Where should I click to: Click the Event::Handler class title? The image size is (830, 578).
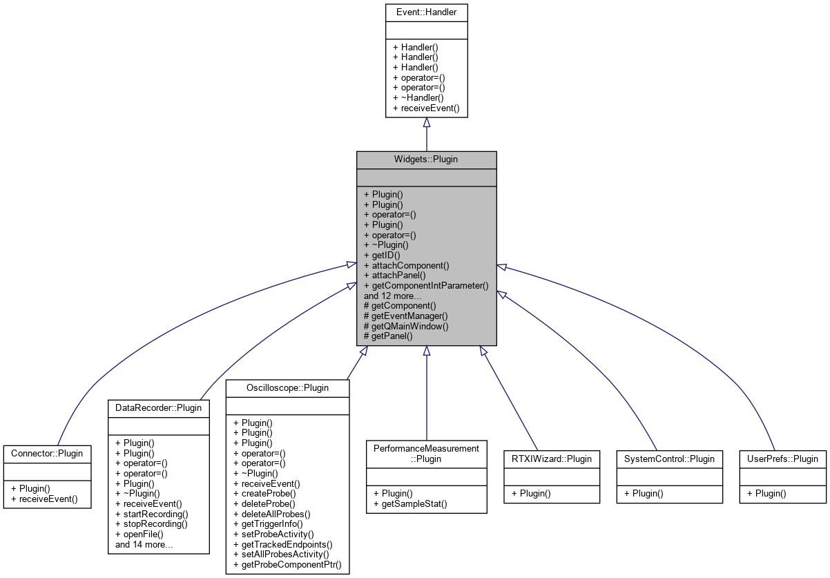tap(426, 12)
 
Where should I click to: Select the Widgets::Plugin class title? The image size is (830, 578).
tap(426, 160)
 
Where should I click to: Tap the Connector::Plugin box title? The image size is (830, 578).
tap(47, 454)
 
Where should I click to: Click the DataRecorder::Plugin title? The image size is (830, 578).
tap(159, 407)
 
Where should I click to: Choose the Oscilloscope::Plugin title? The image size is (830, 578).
tap(288, 387)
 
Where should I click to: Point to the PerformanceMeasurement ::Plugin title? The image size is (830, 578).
tap(426, 453)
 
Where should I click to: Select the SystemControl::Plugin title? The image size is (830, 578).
tap(659, 459)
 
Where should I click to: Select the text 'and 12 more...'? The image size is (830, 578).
tap(392, 295)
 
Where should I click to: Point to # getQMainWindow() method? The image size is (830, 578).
tap(406, 325)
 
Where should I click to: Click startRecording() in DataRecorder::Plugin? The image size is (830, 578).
tap(151, 514)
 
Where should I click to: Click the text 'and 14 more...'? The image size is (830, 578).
tap(144, 544)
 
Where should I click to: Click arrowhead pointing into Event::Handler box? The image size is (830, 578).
tap(427, 122)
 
